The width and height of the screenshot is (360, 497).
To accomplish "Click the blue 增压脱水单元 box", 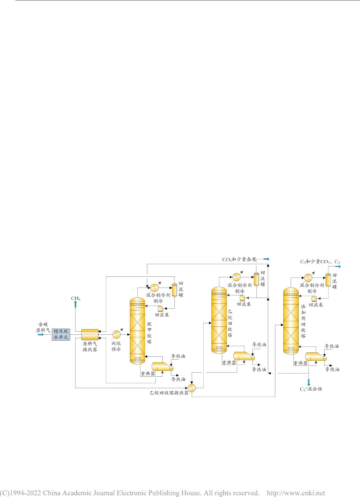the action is pos(61,334).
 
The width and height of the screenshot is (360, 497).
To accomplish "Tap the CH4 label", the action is pos(76,298).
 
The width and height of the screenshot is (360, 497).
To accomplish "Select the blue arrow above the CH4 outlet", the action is pos(75,304).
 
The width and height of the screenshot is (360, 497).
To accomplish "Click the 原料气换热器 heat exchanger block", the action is pos(90,335).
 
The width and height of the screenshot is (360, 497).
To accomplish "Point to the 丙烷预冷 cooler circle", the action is pos(116,334).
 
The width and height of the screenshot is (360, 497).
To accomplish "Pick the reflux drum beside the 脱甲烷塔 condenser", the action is pos(174,290).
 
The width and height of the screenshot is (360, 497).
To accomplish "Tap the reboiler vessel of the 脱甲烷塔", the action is pos(162,366).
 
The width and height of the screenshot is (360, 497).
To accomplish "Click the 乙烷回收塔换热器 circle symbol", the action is pos(191,388).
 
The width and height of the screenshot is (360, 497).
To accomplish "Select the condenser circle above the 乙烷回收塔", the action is pos(236,277).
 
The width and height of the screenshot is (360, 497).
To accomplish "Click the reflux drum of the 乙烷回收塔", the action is pos(256,279).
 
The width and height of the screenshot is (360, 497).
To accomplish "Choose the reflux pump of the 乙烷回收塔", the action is pos(242,298).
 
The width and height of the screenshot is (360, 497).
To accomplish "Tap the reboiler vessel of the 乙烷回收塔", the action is pos(244,356).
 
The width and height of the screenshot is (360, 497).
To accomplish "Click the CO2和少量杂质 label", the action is pos(239,259).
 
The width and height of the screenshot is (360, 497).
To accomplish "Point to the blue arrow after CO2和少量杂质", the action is pos(266,259).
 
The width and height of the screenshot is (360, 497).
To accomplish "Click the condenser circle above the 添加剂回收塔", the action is pos(308,278).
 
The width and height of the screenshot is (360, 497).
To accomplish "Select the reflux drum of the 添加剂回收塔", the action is pos(328,280).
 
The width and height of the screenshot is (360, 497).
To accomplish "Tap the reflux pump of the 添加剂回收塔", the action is pos(314,298).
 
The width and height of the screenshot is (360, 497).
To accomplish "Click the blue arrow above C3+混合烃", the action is pos(309,382).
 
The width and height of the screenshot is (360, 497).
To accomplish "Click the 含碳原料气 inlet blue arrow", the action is pos(41,334).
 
